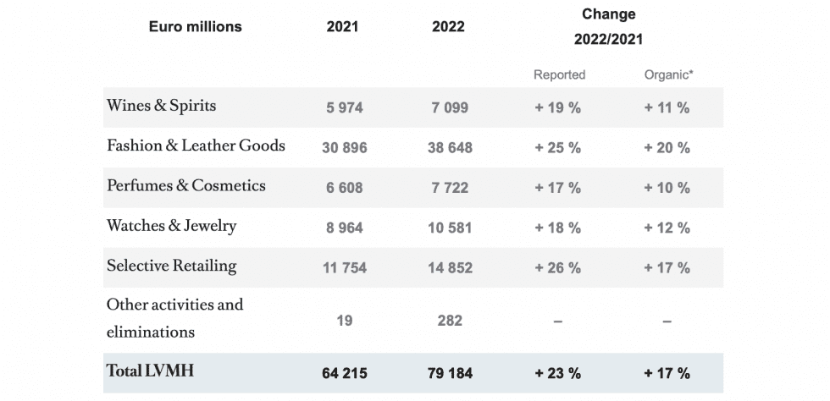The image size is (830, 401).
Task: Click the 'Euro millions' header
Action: coord(195,26)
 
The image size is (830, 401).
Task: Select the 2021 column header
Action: coord(342,26)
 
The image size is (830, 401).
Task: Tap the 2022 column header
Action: coord(448,26)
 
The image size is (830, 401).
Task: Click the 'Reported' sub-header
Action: coord(559,74)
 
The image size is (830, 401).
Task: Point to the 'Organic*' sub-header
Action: coord(667,74)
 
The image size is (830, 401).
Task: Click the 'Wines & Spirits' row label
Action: coord(161,106)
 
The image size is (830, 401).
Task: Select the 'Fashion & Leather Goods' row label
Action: coord(196,146)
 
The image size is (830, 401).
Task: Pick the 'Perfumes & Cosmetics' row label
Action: coord(185,185)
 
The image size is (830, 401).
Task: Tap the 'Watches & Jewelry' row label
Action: coord(171,226)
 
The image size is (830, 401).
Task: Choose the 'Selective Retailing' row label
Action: coord(171,266)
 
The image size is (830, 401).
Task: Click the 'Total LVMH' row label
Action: coord(150,371)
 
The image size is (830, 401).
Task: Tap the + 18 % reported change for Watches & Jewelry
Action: coord(558,228)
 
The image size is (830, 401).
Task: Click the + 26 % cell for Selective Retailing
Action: coord(558,268)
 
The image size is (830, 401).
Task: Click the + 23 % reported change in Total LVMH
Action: coord(558,373)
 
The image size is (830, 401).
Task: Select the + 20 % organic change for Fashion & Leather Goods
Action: coord(667,147)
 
